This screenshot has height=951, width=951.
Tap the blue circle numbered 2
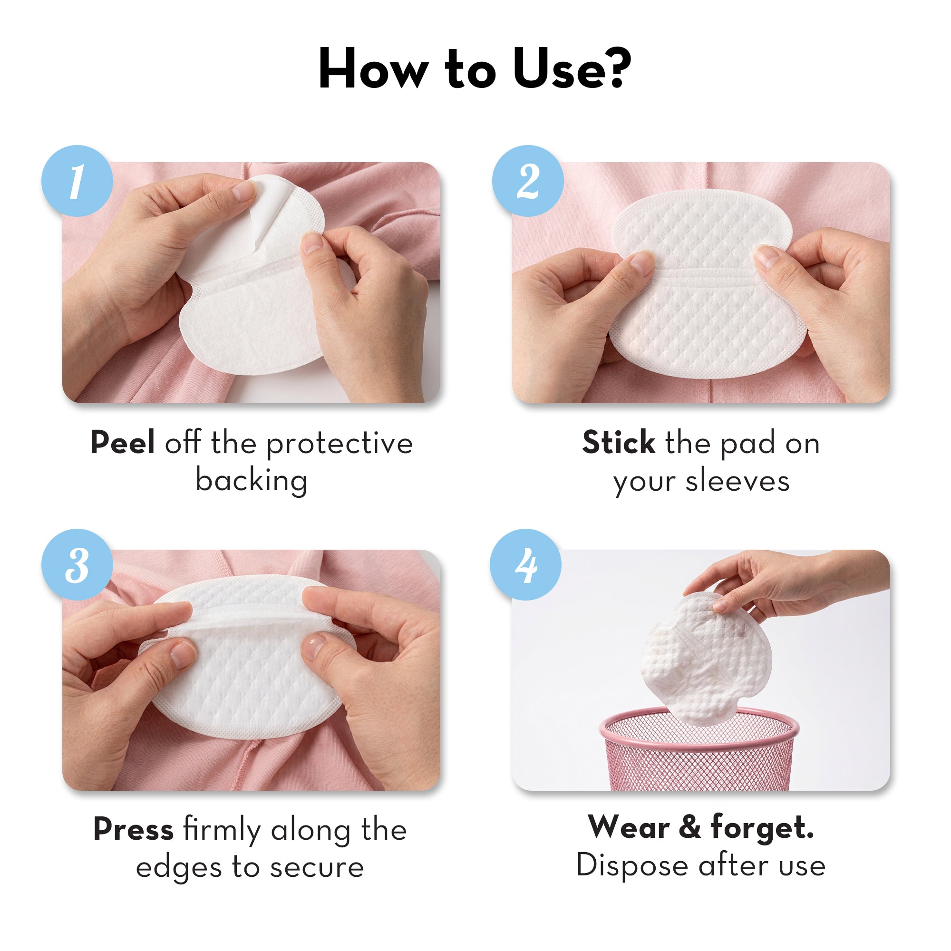pyautogui.click(x=528, y=181)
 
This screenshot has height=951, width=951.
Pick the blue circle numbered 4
pyautogui.click(x=526, y=564)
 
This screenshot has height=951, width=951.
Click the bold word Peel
pyautogui.click(x=123, y=443)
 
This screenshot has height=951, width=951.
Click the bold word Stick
pyautogui.click(x=618, y=443)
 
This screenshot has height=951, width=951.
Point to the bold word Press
pyautogui.click(x=134, y=829)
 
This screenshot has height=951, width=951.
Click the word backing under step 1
pyautogui.click(x=252, y=481)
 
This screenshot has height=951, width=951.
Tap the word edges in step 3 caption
pyautogui.click(x=178, y=868)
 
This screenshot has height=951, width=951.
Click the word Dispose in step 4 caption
pyautogui.click(x=631, y=865)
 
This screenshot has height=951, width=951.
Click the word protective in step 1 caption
pyautogui.click(x=340, y=444)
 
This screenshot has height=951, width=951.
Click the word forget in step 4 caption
pyautogui.click(x=761, y=827)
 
